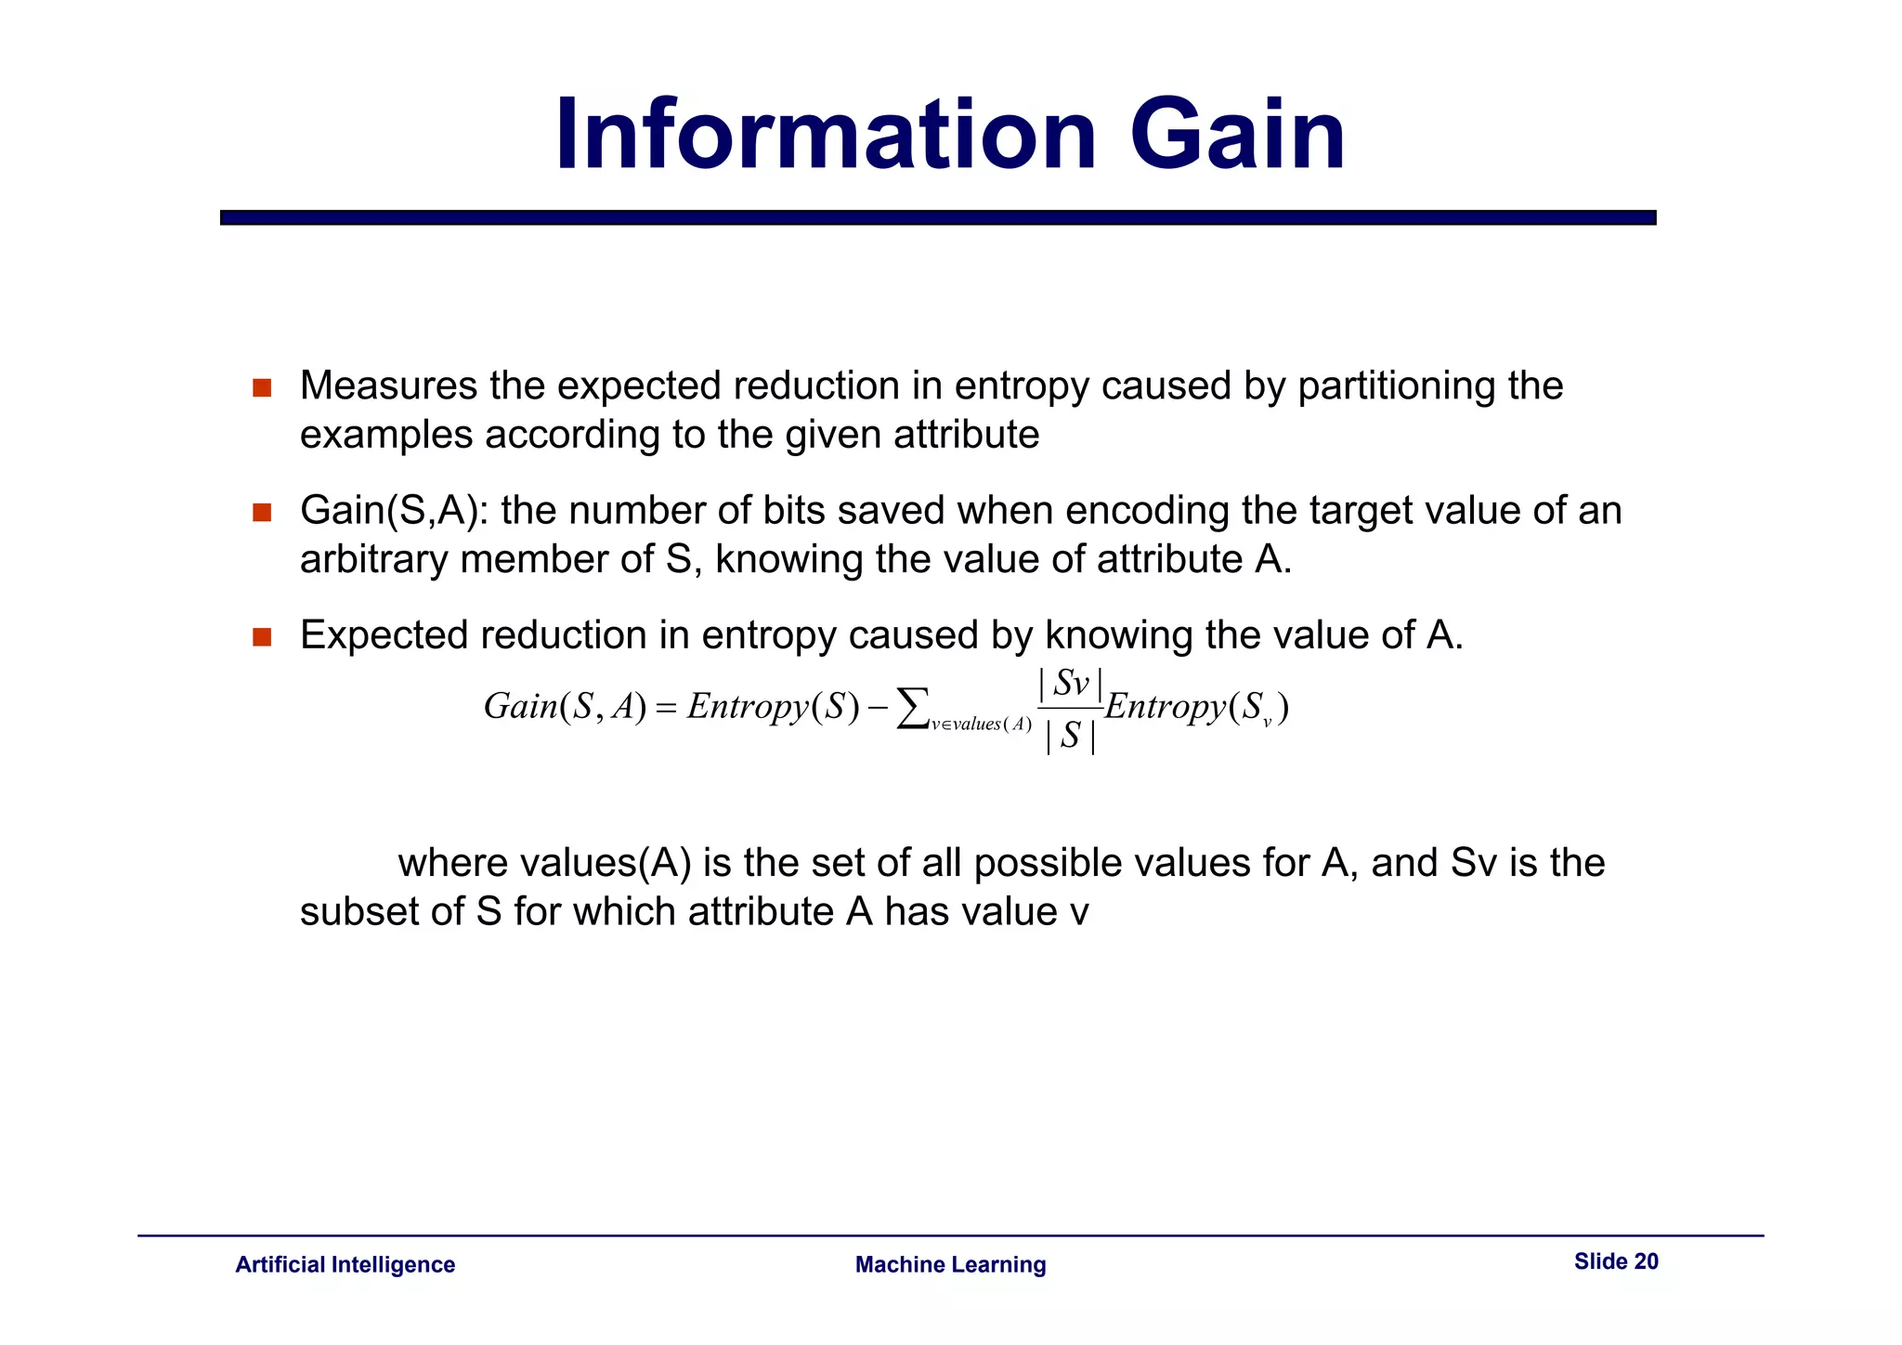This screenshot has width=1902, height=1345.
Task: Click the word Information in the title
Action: [826, 137]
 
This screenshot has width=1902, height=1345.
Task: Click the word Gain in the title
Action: [1237, 137]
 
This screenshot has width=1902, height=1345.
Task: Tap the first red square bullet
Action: [262, 388]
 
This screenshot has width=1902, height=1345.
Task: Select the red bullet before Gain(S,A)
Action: [262, 513]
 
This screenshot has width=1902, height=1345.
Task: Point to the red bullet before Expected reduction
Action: [262, 637]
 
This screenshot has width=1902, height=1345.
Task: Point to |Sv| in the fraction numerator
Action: [1071, 685]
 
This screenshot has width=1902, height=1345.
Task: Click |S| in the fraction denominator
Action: [1071, 737]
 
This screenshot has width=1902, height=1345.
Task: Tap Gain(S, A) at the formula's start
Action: [565, 708]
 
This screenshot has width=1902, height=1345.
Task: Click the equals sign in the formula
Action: [666, 709]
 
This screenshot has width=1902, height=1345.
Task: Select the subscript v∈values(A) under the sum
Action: [982, 725]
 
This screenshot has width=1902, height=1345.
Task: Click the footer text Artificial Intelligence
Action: [345, 1265]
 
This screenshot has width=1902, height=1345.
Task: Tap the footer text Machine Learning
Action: [950, 1265]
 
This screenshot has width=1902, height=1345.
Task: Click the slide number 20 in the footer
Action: [1646, 1261]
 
